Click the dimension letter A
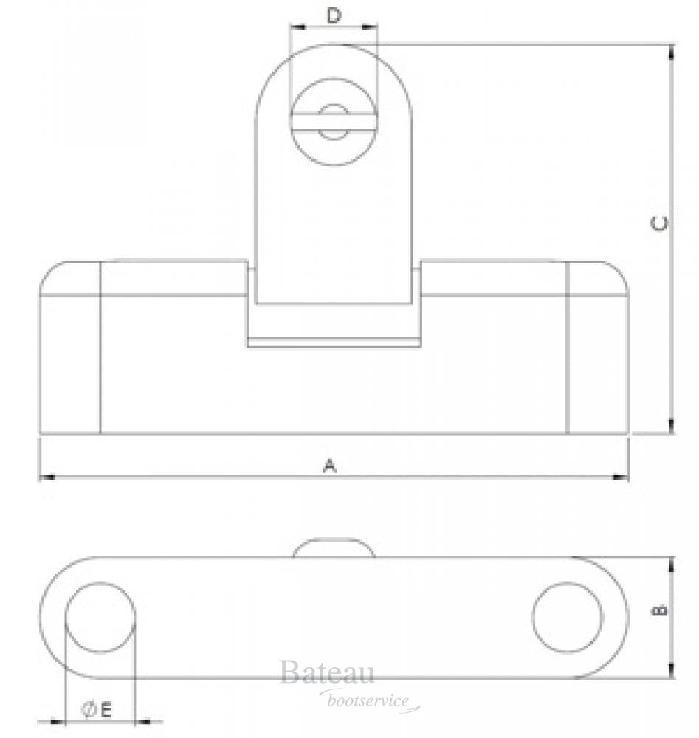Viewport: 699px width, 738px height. (x=331, y=465)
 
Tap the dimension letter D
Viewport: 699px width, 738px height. (x=334, y=15)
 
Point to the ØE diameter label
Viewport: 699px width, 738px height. (x=96, y=710)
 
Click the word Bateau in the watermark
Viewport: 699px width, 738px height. (x=326, y=673)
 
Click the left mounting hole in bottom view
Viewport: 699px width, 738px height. (x=100, y=617)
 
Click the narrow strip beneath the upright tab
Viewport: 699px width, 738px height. (x=334, y=342)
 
